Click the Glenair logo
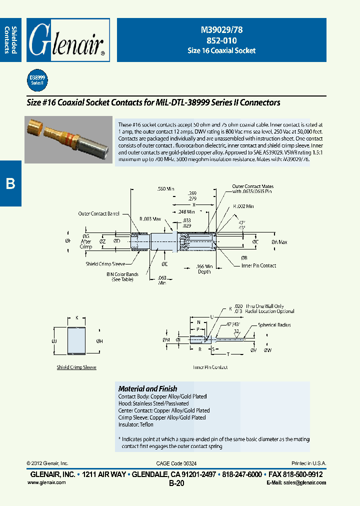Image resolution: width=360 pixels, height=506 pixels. point(67,40)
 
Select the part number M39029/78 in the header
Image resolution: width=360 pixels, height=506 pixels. point(221,30)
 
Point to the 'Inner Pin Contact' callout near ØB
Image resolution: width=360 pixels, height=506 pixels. point(258,265)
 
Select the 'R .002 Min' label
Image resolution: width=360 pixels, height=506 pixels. point(243,206)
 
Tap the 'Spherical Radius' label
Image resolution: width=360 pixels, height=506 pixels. point(274,325)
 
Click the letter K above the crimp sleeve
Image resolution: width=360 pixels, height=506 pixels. point(76,317)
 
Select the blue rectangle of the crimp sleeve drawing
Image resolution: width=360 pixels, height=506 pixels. point(76,341)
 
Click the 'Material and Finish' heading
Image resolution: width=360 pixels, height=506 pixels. point(147,388)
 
